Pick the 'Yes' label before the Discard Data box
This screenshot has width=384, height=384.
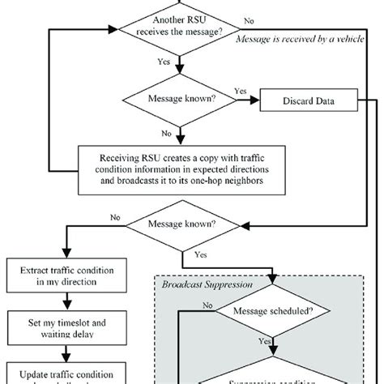click(x=240, y=92)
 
